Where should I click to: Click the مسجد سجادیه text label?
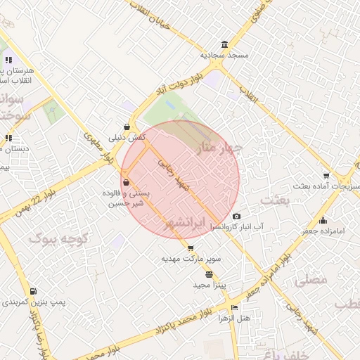pyautogui.click(x=224, y=55)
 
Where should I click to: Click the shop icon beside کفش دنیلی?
pyautogui.click(x=126, y=127)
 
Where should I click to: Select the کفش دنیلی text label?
pyautogui.click(x=127, y=138)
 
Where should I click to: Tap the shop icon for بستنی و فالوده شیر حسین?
pyautogui.click(x=126, y=183)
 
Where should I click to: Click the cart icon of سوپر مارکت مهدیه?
pyautogui.click(x=190, y=249)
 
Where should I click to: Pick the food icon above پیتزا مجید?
pyautogui.click(x=209, y=274)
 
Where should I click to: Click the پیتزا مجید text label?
pyautogui.click(x=209, y=285)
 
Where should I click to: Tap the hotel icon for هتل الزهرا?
pyautogui.click(x=234, y=307)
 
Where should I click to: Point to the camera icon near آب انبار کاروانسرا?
pyautogui.click(x=236, y=216)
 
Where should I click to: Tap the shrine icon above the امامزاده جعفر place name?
pyautogui.click(x=322, y=220)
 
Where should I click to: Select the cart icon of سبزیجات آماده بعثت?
pyautogui.click(x=326, y=175)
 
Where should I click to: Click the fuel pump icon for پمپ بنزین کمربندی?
pyautogui.click(x=33, y=291)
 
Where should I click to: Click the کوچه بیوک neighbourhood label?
pyautogui.click(x=52, y=238)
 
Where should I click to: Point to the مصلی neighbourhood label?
pyautogui.click(x=311, y=279)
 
